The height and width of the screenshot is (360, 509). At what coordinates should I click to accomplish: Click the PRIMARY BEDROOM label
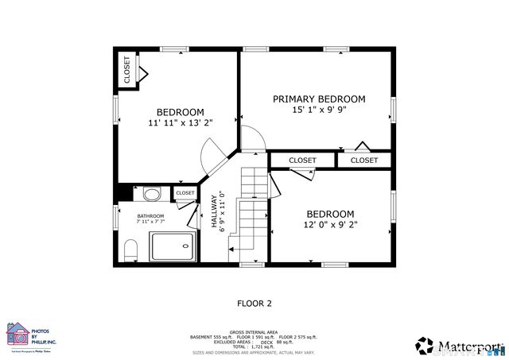click(x=319, y=99)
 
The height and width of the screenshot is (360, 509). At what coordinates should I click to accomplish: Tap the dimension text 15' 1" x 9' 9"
click(x=319, y=110)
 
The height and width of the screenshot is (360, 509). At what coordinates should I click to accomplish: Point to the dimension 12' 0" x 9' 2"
click(x=330, y=225)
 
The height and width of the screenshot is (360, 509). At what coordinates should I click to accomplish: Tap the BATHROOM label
click(x=150, y=216)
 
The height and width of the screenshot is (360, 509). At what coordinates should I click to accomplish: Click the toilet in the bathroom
click(x=131, y=250)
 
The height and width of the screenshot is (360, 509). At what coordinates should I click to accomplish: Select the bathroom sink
click(x=151, y=193)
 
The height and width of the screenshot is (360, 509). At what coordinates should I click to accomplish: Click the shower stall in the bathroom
click(x=173, y=246)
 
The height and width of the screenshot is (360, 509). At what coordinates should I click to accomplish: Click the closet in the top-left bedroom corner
click(x=127, y=70)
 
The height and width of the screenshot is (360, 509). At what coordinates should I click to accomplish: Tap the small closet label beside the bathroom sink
click(x=185, y=193)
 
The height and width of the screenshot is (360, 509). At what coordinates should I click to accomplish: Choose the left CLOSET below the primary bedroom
click(x=302, y=161)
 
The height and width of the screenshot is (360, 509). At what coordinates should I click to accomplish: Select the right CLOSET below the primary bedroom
click(x=364, y=161)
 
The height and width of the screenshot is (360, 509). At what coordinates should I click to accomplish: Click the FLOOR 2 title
click(x=254, y=303)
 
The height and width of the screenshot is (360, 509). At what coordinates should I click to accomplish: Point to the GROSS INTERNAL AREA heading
click(x=254, y=332)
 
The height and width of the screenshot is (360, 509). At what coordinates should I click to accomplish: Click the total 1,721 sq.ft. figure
click(x=254, y=347)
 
